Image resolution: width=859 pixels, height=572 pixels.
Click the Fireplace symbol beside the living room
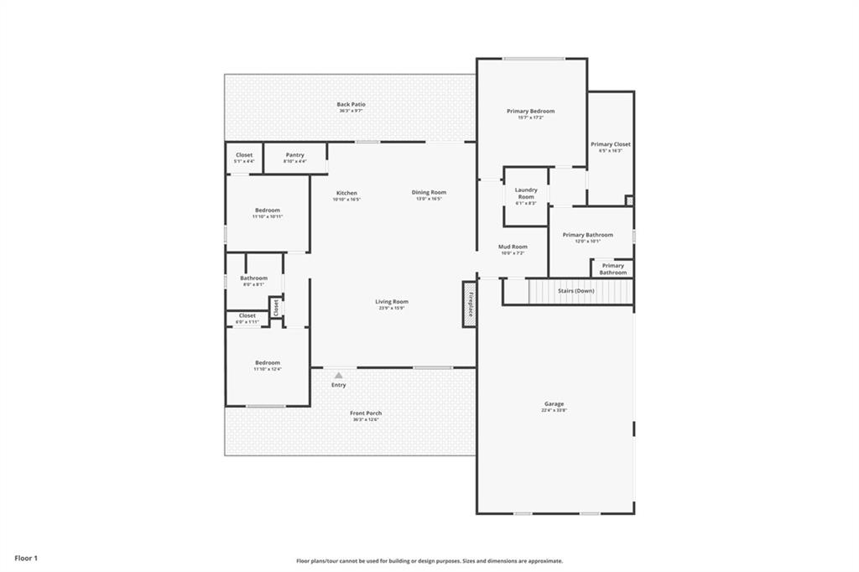(x=469, y=303)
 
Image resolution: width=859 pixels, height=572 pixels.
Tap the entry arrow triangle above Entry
(x=338, y=376)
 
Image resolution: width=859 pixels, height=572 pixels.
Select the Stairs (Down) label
(x=575, y=290)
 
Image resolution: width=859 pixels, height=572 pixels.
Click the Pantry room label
(x=294, y=154)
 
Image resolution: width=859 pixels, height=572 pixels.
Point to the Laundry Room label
(x=526, y=193)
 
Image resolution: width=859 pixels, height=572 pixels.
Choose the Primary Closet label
(x=610, y=144)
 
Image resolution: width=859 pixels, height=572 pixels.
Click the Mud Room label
(x=512, y=247)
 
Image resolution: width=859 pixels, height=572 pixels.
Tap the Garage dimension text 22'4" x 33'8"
(x=554, y=410)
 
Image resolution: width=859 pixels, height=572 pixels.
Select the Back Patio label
(x=351, y=105)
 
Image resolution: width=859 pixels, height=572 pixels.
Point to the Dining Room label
(x=429, y=193)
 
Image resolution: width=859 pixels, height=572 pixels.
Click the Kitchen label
(x=346, y=193)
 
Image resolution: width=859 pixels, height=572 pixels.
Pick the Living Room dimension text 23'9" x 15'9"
(x=392, y=308)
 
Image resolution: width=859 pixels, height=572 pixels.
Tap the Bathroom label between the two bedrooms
(x=253, y=278)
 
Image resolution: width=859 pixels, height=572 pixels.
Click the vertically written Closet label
(x=275, y=307)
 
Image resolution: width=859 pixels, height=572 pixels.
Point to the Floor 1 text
(x=26, y=558)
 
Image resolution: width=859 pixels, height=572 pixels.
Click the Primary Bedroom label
(x=530, y=111)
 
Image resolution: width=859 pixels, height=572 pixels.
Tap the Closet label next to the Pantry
(x=244, y=154)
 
